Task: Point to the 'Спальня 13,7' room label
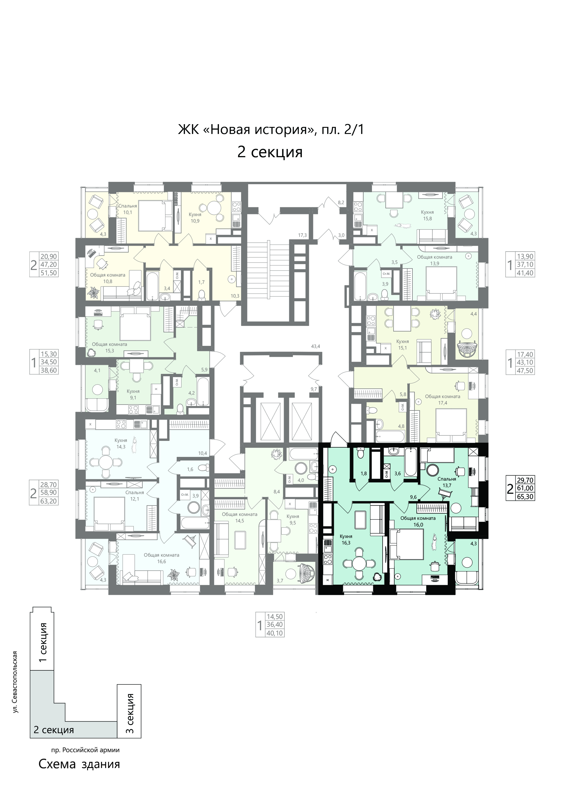[447, 482]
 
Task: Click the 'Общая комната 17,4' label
[442, 400]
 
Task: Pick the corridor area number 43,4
[316, 346]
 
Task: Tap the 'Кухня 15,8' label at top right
[427, 215]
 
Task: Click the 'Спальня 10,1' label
[128, 209]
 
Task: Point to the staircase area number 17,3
[302, 235]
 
